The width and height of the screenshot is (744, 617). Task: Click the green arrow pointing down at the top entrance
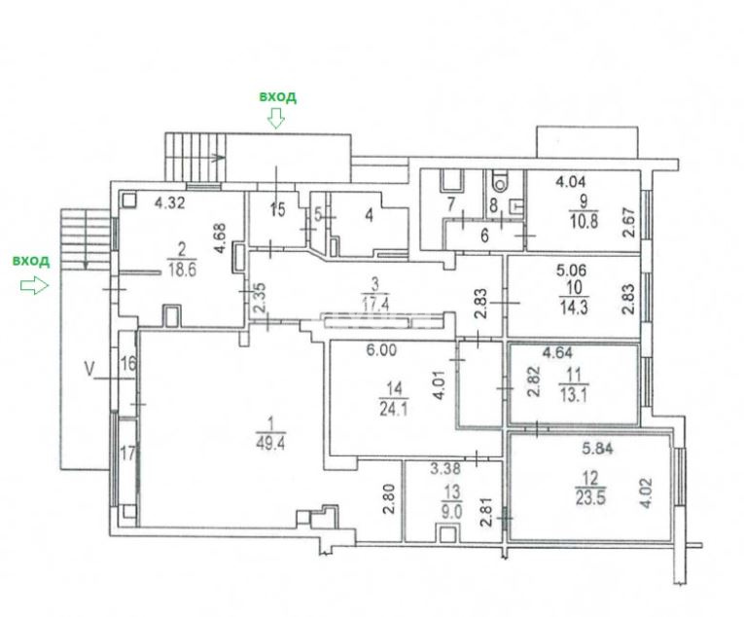[x=275, y=118]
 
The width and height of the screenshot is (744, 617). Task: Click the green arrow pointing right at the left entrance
[x=34, y=285]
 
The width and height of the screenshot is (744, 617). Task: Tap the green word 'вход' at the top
[x=277, y=96]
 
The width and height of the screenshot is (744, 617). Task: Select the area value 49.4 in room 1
[x=270, y=443]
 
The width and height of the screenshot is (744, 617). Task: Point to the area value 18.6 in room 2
[x=182, y=271]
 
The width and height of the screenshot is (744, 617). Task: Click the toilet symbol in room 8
[x=499, y=180]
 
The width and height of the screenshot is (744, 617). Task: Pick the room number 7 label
[x=451, y=204]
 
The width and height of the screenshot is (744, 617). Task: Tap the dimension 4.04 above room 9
[x=570, y=181]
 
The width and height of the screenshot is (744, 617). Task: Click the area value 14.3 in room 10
[x=574, y=308]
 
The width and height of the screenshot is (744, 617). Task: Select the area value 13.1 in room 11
[x=573, y=395]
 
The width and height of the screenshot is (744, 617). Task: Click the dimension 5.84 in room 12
[x=597, y=448]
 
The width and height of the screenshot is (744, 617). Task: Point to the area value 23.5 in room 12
[x=589, y=498]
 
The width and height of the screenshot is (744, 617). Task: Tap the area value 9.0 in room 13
[x=452, y=512]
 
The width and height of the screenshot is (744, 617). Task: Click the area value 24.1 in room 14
[x=394, y=409]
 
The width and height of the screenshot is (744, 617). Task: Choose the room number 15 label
[x=277, y=209]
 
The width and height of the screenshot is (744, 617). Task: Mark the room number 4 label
[x=370, y=215]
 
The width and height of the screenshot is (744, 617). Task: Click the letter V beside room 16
[x=89, y=369]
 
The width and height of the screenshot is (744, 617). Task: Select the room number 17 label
[x=127, y=454]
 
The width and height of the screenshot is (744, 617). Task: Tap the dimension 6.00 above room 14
[x=381, y=350]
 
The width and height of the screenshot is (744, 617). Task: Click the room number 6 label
[x=484, y=236]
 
